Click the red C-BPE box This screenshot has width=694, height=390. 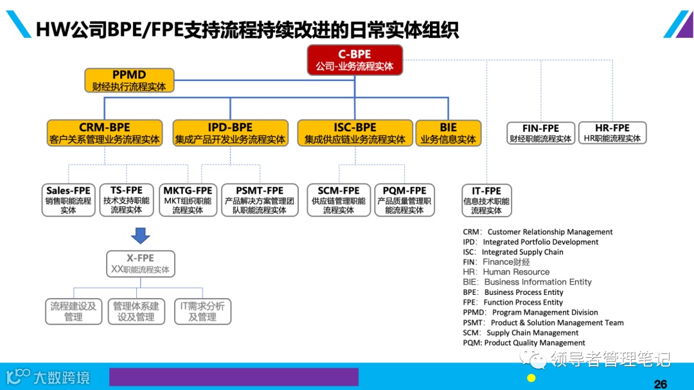click(355, 60)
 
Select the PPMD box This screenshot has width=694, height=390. click(129, 80)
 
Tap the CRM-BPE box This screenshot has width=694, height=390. click(105, 133)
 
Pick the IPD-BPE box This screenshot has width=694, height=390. click(230, 133)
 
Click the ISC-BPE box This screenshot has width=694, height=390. click(355, 133)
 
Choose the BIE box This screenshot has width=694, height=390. click(448, 133)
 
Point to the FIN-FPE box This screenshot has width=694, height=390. click(540, 133)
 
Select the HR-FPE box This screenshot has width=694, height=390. click(612, 133)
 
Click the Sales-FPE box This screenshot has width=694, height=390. click(68, 200)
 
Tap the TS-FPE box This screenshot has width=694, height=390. click(127, 200)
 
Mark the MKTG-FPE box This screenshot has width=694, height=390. click(188, 200)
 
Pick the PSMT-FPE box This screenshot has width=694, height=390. click(260, 200)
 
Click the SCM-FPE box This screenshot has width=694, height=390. click(338, 200)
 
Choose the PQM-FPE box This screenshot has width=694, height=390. click(404, 200)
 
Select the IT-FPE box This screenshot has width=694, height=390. click(486, 200)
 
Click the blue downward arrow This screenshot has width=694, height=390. click(140, 236)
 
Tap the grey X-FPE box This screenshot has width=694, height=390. click(140, 263)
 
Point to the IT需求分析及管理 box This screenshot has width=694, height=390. click(202, 312)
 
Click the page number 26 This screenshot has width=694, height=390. click(660, 384)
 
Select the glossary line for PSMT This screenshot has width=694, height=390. click(543, 323)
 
